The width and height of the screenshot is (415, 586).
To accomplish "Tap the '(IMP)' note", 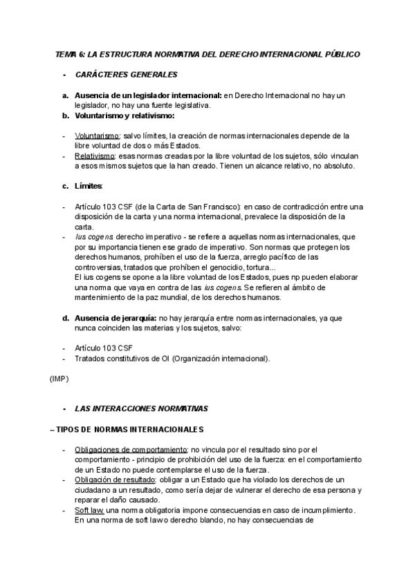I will (x=59, y=379).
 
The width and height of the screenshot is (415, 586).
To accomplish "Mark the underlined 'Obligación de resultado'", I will (x=115, y=480).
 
